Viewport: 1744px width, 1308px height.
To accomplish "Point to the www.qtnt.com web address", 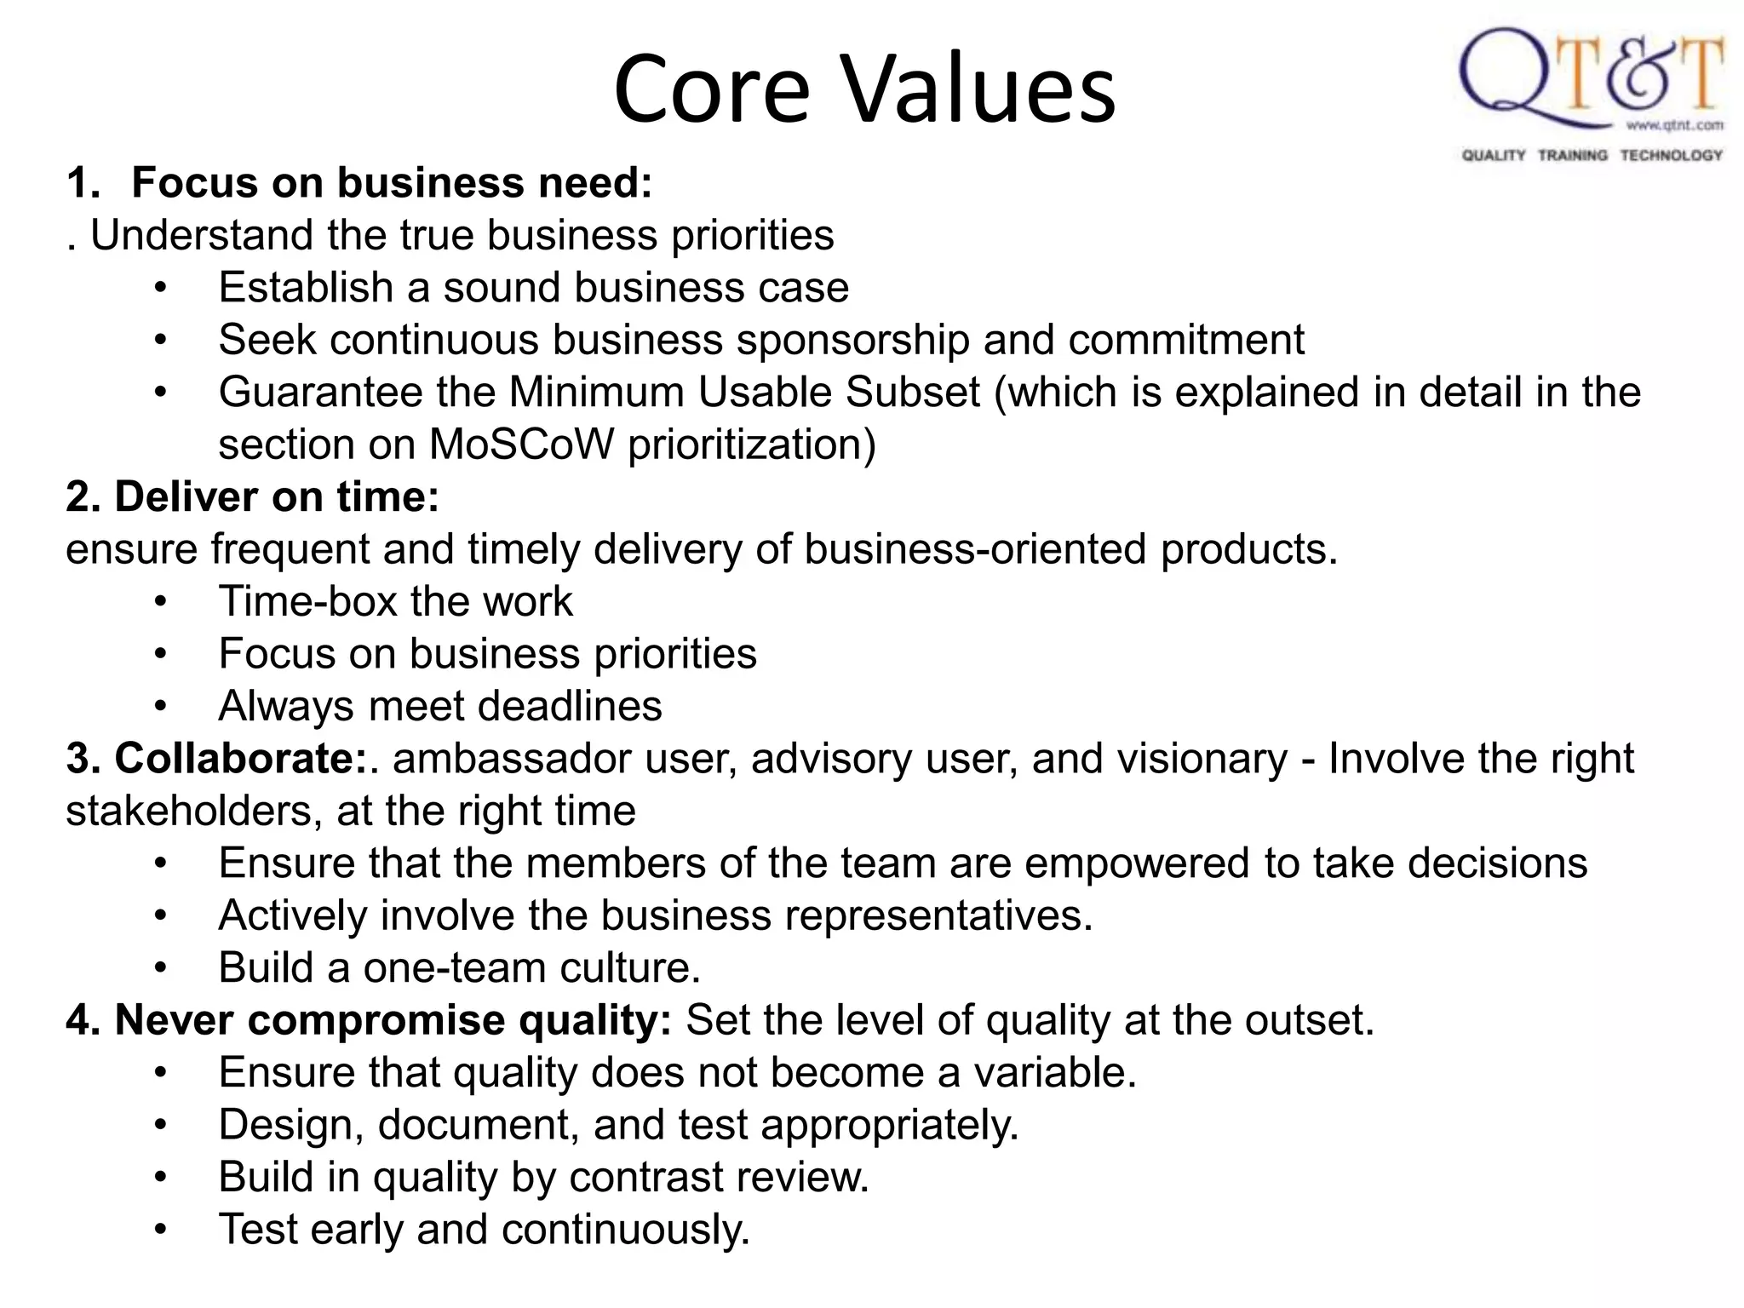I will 1674,126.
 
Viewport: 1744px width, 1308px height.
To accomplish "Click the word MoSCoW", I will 521,445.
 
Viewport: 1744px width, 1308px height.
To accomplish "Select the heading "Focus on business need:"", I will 392,183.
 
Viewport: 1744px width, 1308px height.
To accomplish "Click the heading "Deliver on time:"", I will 276,497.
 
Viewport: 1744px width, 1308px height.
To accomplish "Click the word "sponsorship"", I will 852,341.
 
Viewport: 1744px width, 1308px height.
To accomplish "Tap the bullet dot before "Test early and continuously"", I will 161,1231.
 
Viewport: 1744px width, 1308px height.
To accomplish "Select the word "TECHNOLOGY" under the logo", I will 1671,155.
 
